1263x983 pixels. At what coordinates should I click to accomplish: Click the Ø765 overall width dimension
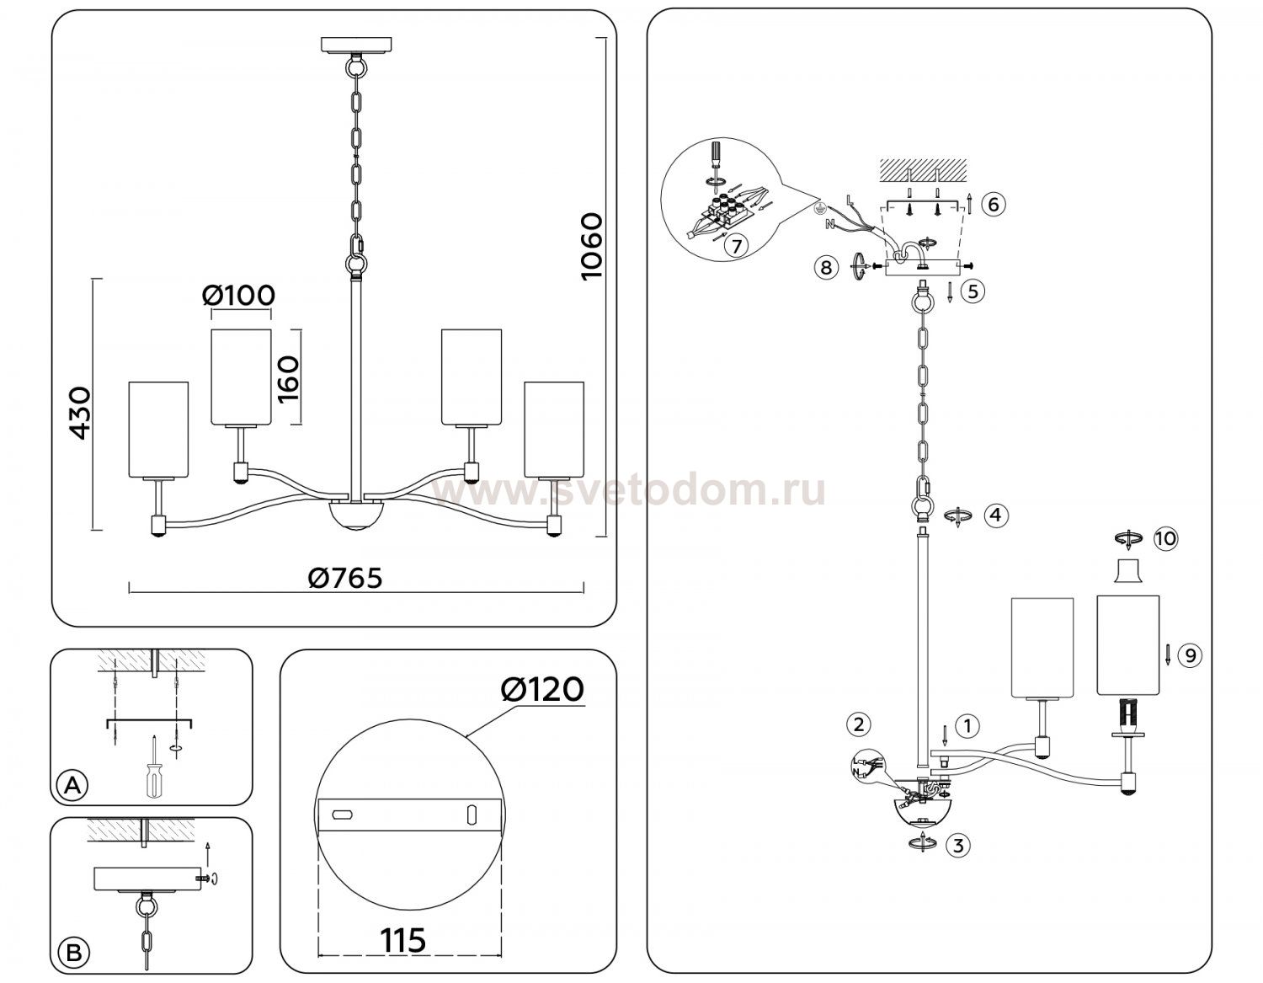tap(344, 578)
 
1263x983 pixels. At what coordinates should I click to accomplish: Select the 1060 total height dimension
tap(592, 247)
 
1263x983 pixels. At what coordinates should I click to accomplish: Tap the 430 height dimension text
tap(80, 413)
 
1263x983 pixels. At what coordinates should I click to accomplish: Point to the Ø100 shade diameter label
tap(238, 296)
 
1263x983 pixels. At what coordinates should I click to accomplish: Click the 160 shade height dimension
tap(288, 378)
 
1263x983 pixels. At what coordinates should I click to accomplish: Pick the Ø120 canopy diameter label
tap(541, 689)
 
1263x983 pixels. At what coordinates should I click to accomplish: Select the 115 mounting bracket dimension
tap(402, 940)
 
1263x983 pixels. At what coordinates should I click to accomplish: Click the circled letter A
tap(72, 785)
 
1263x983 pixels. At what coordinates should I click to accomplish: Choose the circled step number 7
tap(737, 246)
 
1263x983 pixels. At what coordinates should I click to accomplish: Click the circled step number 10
tap(1165, 538)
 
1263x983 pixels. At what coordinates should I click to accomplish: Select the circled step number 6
tap(994, 204)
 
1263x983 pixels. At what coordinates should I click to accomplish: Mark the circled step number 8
tap(826, 267)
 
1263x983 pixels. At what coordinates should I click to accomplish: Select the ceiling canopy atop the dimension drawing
tap(356, 45)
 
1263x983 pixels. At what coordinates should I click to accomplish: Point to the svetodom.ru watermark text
tap(630, 490)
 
